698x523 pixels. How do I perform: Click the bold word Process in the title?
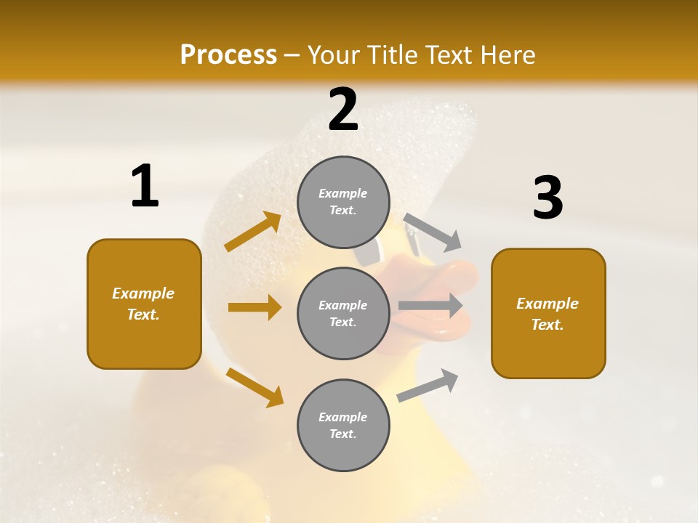tap(228, 55)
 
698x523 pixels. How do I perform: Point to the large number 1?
tap(144, 187)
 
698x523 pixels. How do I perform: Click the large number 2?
tap(343, 110)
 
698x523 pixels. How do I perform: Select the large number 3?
tap(547, 198)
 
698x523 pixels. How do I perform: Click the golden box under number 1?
tap(144, 304)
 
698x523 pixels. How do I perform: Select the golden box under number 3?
tap(548, 314)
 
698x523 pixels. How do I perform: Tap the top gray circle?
tap(343, 202)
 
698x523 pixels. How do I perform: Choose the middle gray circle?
tap(343, 314)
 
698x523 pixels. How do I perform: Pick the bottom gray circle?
tap(343, 426)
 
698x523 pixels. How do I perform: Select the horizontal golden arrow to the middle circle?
tap(254, 307)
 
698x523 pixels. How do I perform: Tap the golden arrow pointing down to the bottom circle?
tap(254, 387)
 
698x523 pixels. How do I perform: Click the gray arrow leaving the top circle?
tap(432, 232)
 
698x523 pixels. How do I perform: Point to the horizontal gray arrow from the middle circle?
tap(430, 305)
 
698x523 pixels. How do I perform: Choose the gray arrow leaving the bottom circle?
tap(428, 385)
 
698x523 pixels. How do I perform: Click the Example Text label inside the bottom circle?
tap(343, 426)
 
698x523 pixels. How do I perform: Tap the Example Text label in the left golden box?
tap(144, 304)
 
